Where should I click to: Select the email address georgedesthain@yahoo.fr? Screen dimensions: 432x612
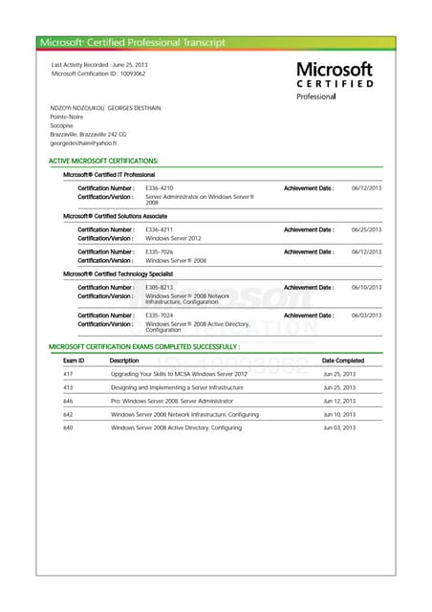click(x=89, y=142)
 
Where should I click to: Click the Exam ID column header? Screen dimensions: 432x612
click(x=74, y=361)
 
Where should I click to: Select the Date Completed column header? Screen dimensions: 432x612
click(x=343, y=361)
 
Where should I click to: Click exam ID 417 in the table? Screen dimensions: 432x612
click(x=68, y=374)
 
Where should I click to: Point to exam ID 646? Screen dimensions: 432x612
click(x=68, y=401)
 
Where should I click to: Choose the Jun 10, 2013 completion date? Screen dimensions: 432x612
click(x=339, y=414)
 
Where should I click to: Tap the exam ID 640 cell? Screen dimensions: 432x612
click(x=68, y=427)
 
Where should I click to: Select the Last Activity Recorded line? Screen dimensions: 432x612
click(x=99, y=64)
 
